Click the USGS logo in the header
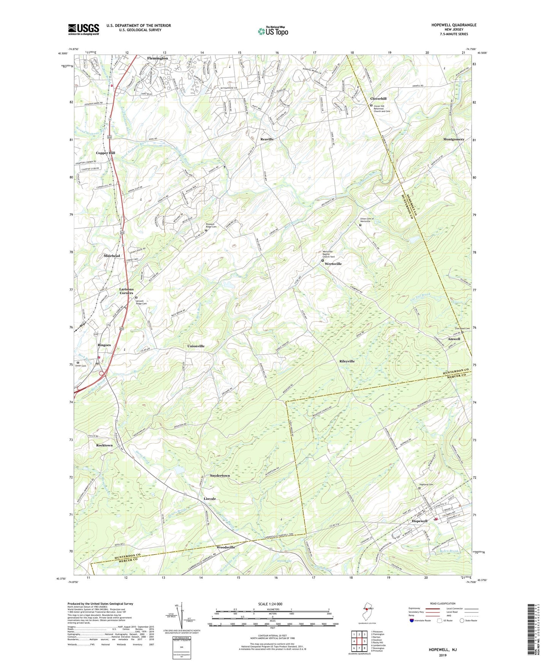(84, 29)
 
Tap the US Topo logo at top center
(272, 31)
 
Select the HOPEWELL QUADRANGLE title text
(454, 25)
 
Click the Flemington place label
(157, 58)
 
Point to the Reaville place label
(267, 139)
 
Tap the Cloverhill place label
(378, 99)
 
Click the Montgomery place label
(454, 139)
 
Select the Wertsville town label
(333, 264)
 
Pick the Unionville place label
(196, 346)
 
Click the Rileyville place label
(347, 361)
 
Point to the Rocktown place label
(104, 445)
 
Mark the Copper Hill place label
(106, 153)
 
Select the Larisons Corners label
(127, 291)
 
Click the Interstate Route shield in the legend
(412, 620)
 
